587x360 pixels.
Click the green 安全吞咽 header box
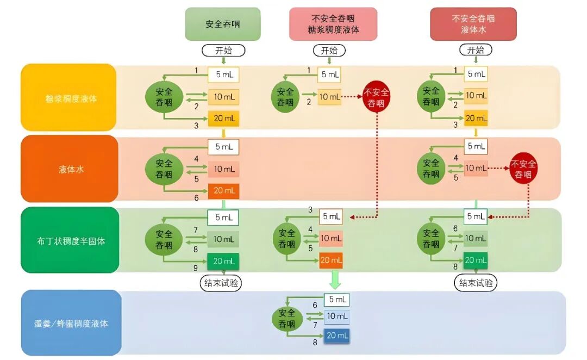(x=222, y=24)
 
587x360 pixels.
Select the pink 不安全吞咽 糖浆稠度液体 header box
(x=333, y=24)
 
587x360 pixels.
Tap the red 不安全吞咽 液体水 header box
(x=473, y=24)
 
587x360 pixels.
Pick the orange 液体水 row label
(x=68, y=169)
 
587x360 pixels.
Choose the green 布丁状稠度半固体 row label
(x=68, y=240)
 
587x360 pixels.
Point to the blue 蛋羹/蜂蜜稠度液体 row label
(x=68, y=323)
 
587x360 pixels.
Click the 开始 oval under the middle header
(x=329, y=50)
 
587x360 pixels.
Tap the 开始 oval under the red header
(x=476, y=50)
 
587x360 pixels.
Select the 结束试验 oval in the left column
(x=221, y=283)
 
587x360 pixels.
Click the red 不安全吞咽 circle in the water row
(x=523, y=169)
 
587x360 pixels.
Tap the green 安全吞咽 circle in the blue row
(x=287, y=319)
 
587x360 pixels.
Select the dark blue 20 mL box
(x=337, y=336)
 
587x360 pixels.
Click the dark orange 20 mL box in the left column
(x=223, y=191)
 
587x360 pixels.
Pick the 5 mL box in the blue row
(x=337, y=300)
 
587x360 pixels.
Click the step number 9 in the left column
(x=196, y=268)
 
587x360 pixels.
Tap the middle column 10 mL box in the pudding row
(x=330, y=238)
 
